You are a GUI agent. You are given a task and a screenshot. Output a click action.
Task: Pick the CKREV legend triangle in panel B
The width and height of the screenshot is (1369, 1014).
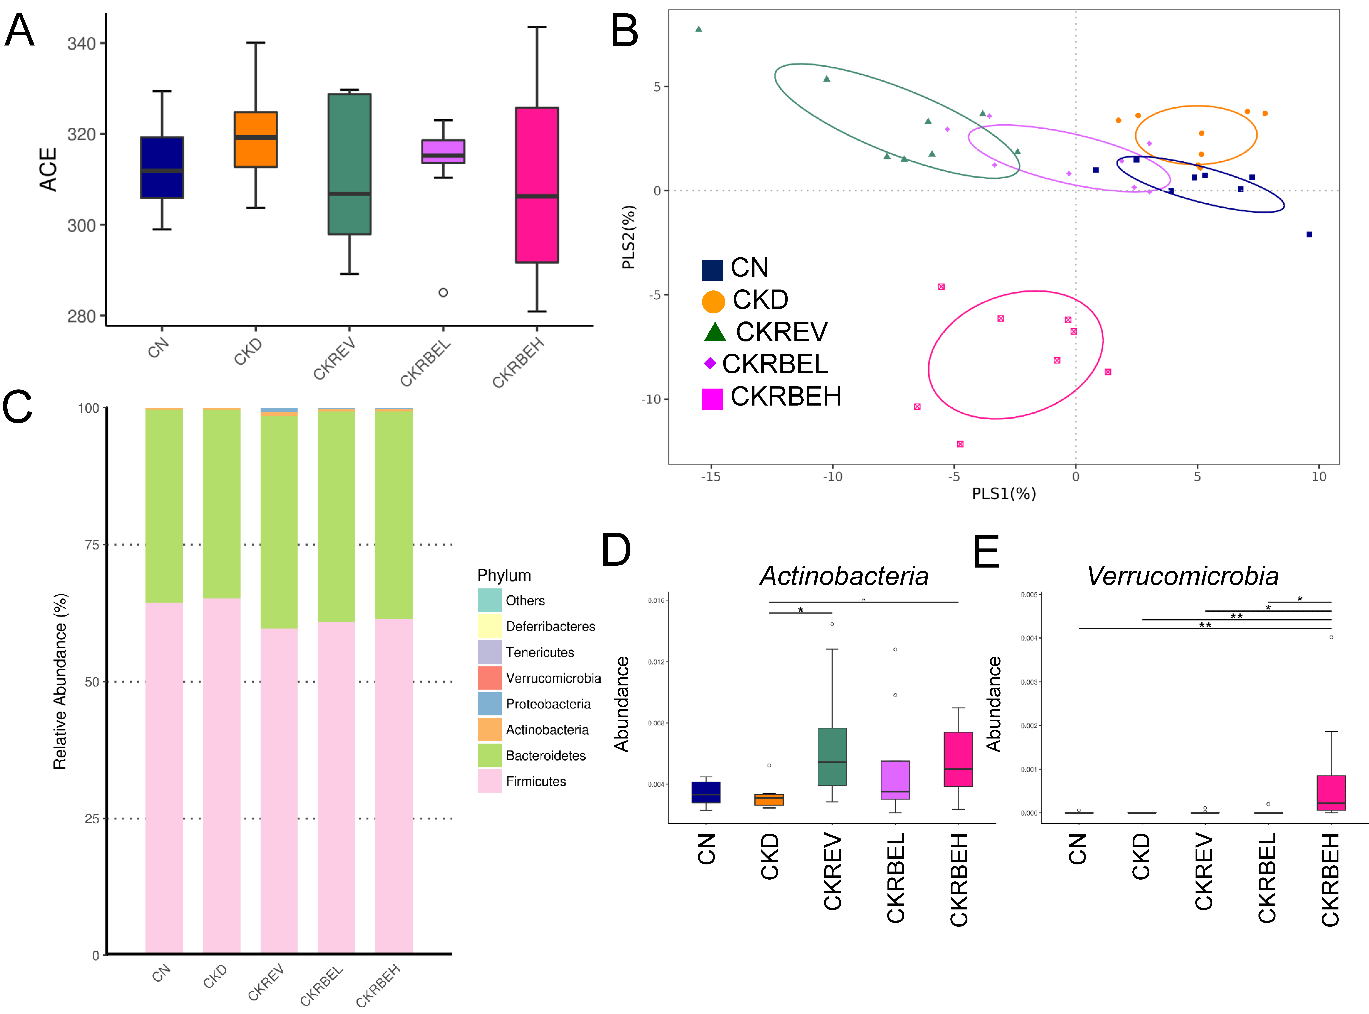coord(714,332)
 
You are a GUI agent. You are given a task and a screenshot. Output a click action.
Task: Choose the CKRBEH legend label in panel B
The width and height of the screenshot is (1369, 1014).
coord(785,397)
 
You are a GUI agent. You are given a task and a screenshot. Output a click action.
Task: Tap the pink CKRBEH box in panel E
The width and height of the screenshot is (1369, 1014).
coord(1331,792)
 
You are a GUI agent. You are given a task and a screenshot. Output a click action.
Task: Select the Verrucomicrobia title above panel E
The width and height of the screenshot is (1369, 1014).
coord(1182,576)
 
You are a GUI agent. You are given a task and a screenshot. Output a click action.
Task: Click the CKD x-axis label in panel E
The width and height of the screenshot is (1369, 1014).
coord(1141,856)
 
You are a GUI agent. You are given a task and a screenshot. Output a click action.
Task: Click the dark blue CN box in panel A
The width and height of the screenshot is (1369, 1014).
coord(162,168)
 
